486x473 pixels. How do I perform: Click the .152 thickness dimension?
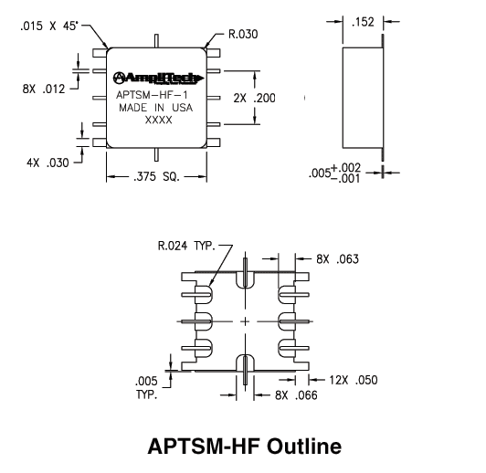tap(363, 22)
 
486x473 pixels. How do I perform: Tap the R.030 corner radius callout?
tap(243, 34)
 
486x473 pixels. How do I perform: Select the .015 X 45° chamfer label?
tap(49, 26)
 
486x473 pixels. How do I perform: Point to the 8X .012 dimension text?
tap(44, 89)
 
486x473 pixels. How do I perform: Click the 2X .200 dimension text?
tap(254, 99)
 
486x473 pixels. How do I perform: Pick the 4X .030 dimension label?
tap(48, 163)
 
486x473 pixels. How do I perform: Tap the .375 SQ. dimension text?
tap(156, 176)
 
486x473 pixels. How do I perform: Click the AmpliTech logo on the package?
tap(158, 78)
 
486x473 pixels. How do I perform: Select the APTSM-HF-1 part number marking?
tap(152, 95)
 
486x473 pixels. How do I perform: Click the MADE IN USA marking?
tap(155, 108)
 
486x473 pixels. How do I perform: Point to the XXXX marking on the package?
tap(158, 120)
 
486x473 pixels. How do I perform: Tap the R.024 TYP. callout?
tap(186, 246)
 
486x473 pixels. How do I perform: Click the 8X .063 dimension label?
tap(337, 259)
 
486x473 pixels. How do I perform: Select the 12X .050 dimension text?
tap(354, 380)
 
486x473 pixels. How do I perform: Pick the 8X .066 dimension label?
tap(296, 395)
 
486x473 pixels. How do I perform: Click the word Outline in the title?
tap(304, 446)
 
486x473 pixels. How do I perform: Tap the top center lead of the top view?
tap(156, 41)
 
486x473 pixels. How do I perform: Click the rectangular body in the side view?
tap(362, 98)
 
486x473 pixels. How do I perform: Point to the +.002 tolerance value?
tap(346, 168)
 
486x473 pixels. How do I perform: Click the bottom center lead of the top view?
tap(156, 154)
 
